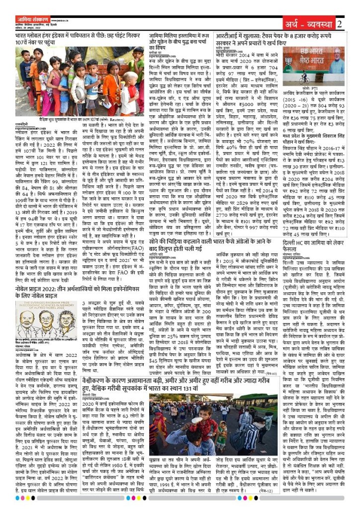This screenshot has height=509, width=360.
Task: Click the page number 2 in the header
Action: pyautogui.click(x=339, y=23)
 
